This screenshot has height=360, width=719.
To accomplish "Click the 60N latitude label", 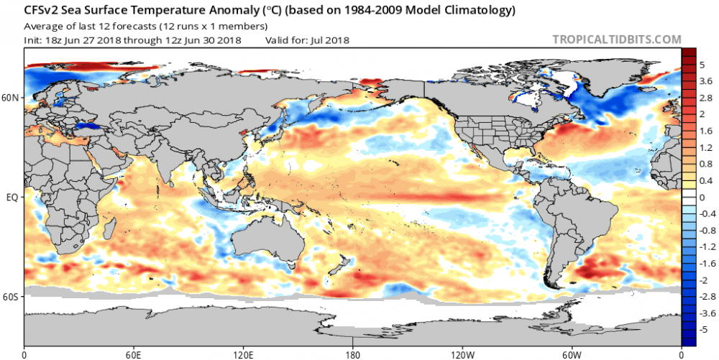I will [x=12, y=97].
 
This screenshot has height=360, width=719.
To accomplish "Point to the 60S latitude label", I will [x=12, y=295].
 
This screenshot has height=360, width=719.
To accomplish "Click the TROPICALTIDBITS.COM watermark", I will [x=615, y=40].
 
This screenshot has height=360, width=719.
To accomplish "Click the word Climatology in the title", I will [x=477, y=11].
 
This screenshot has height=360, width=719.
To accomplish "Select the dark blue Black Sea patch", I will [x=88, y=125].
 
